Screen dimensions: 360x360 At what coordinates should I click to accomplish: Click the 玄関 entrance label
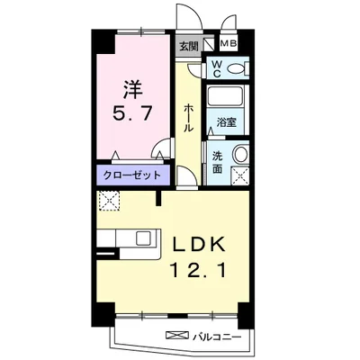tap(189, 46)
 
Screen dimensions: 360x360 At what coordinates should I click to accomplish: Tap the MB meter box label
tap(229, 44)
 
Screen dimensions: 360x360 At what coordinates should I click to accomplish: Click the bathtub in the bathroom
tap(225, 96)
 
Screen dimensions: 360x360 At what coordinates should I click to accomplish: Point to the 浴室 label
tap(227, 122)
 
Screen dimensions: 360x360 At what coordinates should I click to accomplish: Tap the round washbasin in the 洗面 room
tap(241, 154)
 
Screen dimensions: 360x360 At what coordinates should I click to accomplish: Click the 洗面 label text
tap(217, 162)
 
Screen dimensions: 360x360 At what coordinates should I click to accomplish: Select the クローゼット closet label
tap(132, 175)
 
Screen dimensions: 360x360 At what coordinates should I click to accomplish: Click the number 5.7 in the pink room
tap(131, 113)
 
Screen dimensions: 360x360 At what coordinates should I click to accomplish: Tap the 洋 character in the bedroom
tap(132, 89)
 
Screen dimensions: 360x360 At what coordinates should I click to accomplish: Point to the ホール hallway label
tap(188, 118)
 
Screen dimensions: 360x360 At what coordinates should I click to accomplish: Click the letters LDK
tap(198, 245)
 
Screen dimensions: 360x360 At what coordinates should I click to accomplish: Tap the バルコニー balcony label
tap(217, 337)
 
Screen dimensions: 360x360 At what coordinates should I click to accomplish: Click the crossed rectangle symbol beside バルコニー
tap(177, 335)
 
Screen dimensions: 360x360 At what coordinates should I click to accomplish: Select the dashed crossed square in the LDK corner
tap(109, 201)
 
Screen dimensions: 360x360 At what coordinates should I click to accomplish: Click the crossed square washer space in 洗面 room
tap(240, 176)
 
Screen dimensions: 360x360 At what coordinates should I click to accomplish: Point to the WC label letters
tap(216, 69)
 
